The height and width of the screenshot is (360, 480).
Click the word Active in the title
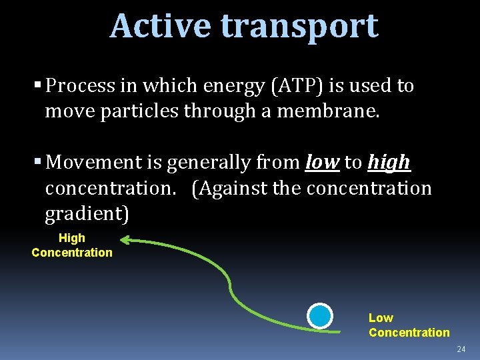pos(161,26)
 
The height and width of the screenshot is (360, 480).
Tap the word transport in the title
pos(299,27)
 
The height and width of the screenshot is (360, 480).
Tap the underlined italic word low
pos(322,162)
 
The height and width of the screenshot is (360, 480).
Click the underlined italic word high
pos(389,163)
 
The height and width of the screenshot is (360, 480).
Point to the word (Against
pos(230,189)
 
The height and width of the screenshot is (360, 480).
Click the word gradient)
pos(87,215)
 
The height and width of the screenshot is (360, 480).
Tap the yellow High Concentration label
pos(72,245)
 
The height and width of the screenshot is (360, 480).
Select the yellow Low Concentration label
pos(409,325)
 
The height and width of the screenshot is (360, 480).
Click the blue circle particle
pos(320,316)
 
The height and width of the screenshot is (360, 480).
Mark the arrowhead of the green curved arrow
pos(125,240)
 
